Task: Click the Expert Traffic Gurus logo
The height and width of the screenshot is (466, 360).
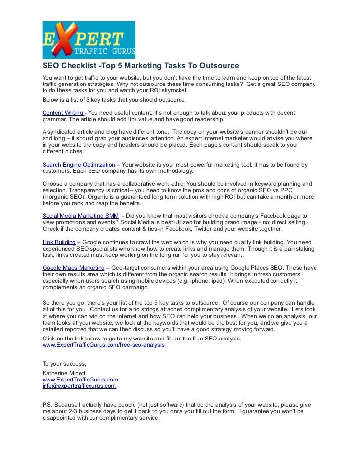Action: click(89, 40)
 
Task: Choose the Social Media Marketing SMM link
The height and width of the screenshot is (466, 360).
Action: click(80, 216)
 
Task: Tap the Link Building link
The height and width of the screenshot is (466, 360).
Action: click(59, 242)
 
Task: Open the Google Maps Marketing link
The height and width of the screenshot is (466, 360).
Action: click(73, 267)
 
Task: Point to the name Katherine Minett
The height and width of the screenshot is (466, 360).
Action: click(64, 372)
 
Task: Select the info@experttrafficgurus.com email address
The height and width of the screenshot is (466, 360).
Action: click(79, 386)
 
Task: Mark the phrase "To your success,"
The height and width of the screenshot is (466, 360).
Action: click(64, 363)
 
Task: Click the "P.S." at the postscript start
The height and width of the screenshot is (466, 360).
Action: click(48, 404)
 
